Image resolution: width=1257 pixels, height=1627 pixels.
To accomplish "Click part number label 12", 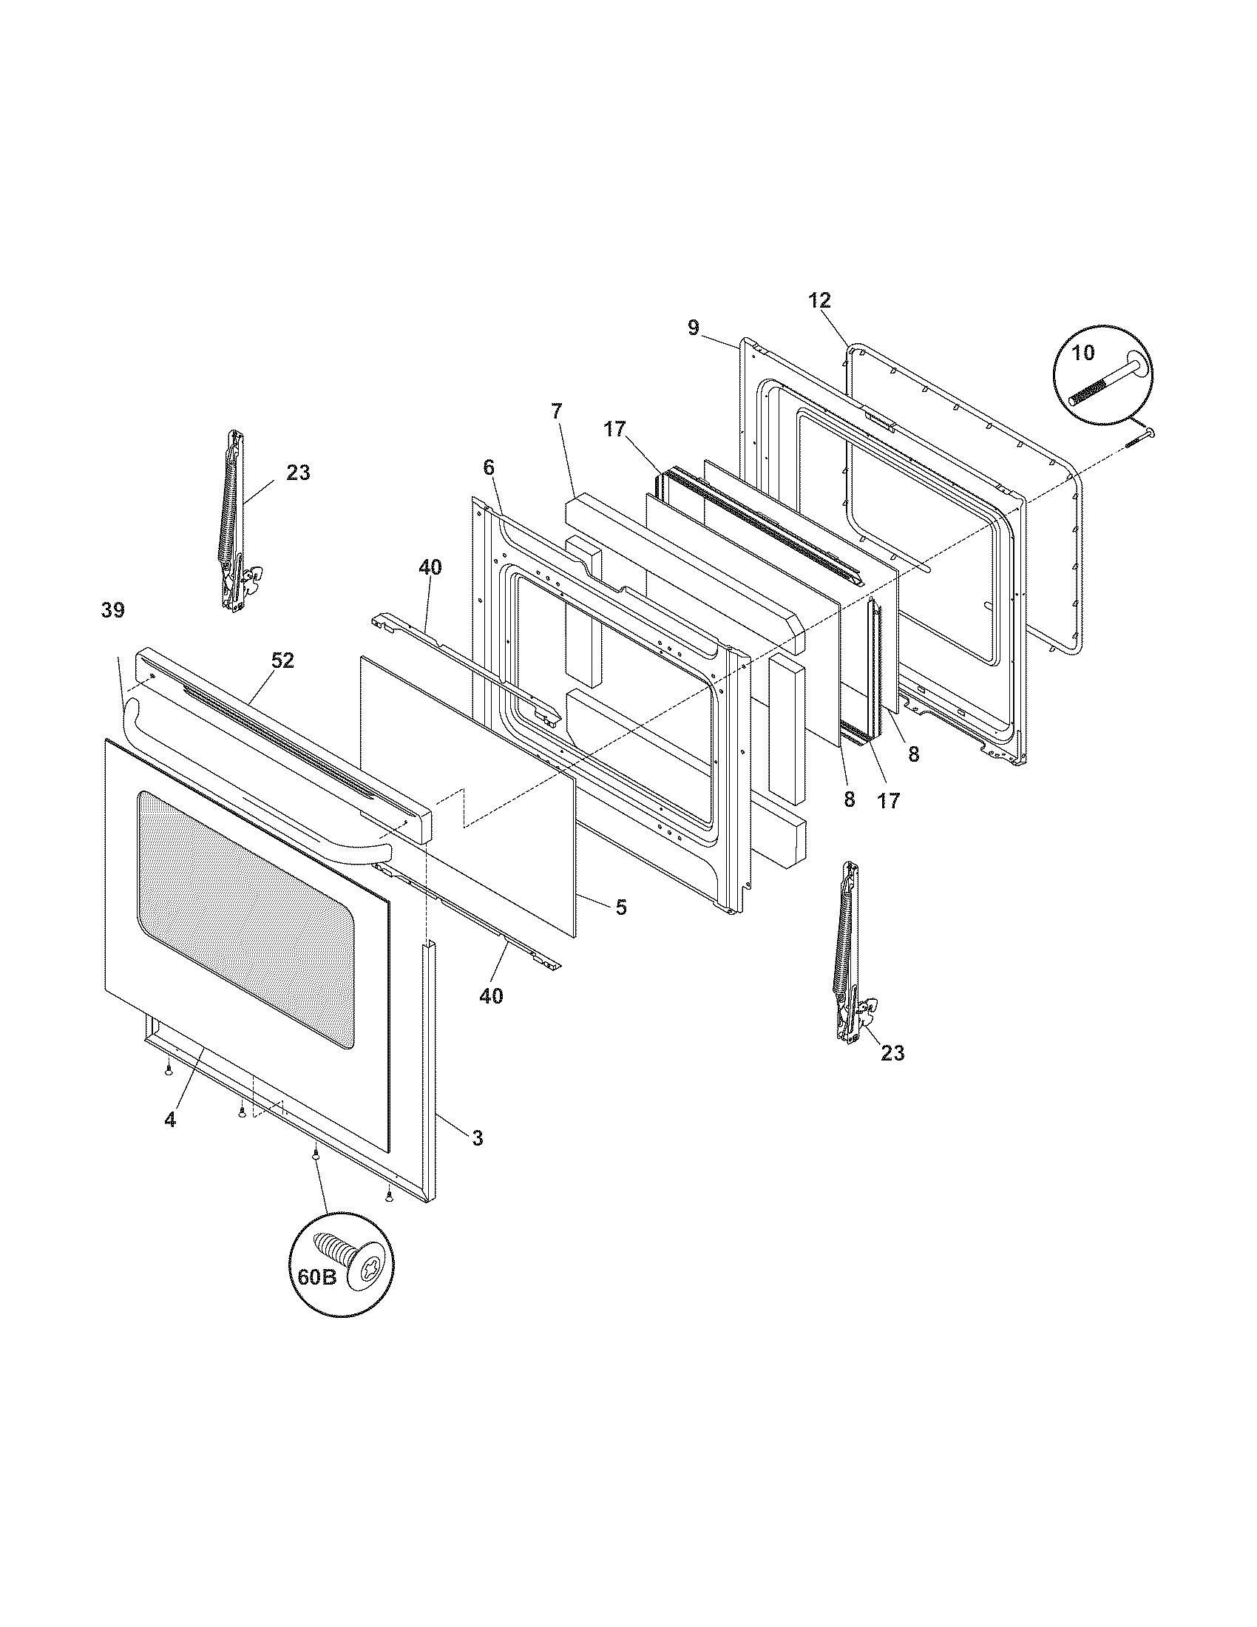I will coord(819,301).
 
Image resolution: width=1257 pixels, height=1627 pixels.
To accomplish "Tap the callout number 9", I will coord(694,328).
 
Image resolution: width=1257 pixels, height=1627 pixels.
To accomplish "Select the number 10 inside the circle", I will coord(1083,353).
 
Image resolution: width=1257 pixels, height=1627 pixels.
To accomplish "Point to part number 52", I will coord(282,660).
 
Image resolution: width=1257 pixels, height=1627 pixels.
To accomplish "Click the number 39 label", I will coord(113,610).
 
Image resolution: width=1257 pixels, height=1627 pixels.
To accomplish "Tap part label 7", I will coord(558,411).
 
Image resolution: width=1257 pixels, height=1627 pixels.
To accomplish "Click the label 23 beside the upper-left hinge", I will coord(298,473).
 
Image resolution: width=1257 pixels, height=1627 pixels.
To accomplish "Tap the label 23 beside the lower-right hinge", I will coord(892,1052).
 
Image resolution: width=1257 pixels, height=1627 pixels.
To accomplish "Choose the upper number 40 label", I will coord(430,568).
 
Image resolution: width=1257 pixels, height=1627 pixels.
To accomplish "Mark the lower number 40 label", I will coord(491,995).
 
